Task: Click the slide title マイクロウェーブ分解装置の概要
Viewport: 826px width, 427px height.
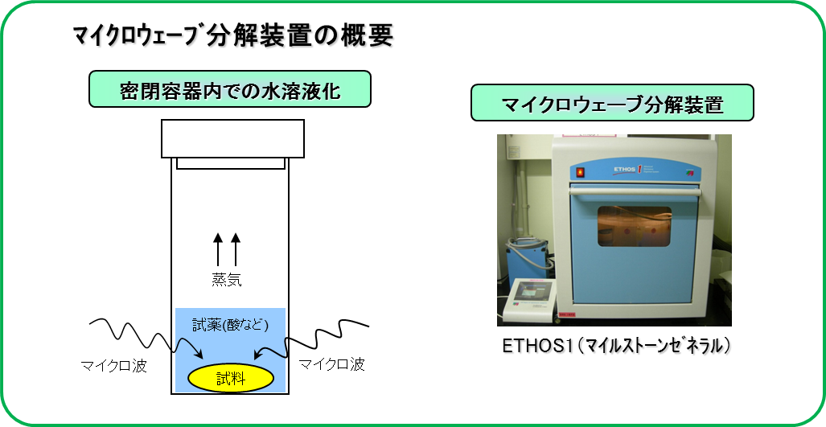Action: (232, 37)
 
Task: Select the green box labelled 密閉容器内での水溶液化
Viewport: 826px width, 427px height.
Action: (230, 89)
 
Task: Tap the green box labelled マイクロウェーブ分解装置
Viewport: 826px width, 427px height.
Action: (612, 103)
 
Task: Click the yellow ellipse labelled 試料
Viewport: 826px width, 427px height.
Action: (231, 377)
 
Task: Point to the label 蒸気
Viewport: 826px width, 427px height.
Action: (227, 280)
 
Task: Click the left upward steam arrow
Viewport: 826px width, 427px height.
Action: (218, 249)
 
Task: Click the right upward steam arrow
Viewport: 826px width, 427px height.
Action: (236, 249)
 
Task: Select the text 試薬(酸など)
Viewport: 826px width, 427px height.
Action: (231, 326)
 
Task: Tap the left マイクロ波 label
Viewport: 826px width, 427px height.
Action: (113, 365)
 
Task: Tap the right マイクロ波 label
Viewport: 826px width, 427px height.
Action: (332, 364)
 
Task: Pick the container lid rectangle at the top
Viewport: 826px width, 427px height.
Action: (232, 138)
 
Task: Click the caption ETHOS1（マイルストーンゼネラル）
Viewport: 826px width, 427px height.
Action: (615, 346)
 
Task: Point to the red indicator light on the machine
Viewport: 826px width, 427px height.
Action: (580, 171)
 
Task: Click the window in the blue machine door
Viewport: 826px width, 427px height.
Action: (635, 227)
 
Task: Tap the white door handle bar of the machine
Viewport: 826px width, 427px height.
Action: (635, 193)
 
